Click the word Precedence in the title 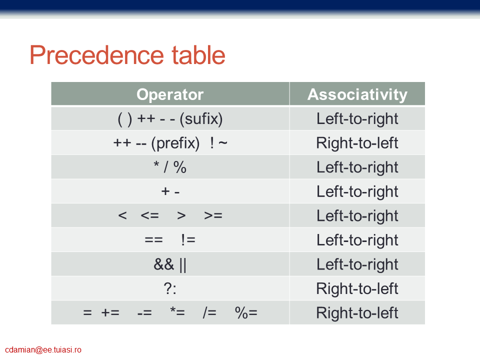[96, 55]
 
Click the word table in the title [198, 55]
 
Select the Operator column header [170, 94]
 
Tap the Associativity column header [357, 94]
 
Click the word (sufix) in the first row [201, 119]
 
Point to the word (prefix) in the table [175, 143]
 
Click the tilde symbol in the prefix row [223, 142]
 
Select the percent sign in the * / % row [179, 167]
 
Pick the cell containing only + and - [170, 191]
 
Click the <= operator [149, 215]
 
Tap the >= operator [213, 215]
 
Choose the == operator [153, 239]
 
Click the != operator [188, 239]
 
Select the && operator [164, 264]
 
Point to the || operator [183, 265]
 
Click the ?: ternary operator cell [170, 288]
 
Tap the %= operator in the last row [246, 313]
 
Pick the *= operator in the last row [177, 312]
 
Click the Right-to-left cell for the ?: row [357, 288]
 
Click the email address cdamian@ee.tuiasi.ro [43, 350]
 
